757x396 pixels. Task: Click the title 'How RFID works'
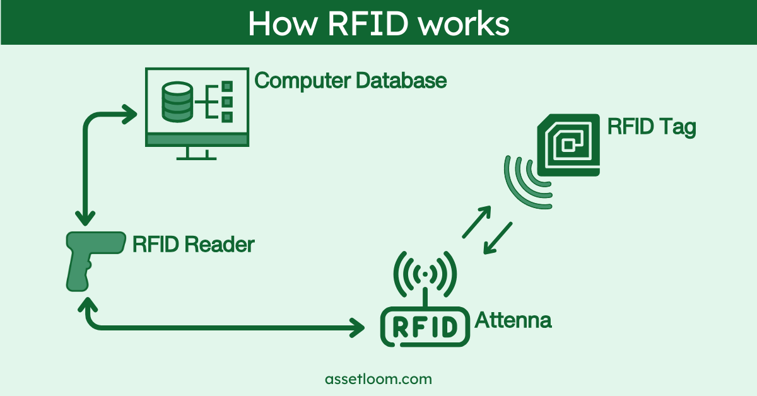click(378, 23)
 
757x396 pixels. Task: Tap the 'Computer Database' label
click(351, 81)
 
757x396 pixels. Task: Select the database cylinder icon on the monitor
click(177, 102)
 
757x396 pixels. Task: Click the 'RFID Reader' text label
click(193, 244)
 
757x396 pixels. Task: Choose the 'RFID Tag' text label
click(652, 126)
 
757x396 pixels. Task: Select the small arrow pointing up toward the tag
click(477, 221)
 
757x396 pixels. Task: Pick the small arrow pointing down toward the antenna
click(498, 238)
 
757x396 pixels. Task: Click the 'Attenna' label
click(513, 320)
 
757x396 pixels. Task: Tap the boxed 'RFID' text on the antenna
click(426, 326)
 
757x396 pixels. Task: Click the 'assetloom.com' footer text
click(378, 379)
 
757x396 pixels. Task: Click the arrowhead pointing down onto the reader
click(83, 218)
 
